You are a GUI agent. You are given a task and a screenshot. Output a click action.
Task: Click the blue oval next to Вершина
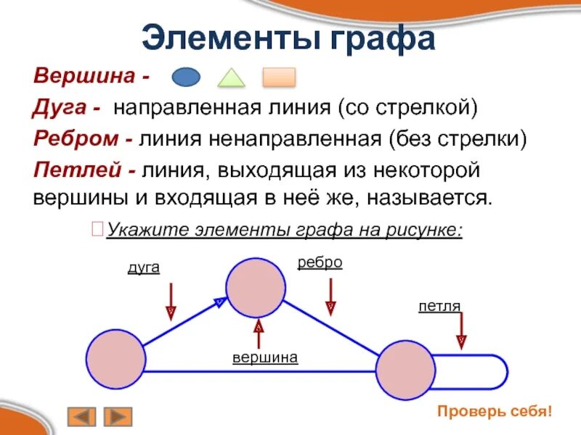click(x=185, y=76)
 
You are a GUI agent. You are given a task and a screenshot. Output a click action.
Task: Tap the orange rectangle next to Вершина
click(x=278, y=76)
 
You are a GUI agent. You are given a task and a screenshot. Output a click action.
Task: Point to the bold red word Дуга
click(x=60, y=108)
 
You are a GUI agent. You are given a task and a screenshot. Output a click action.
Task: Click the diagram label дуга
click(x=143, y=268)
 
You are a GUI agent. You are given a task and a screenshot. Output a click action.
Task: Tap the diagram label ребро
click(x=320, y=262)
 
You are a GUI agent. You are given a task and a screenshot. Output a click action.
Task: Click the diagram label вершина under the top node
click(x=266, y=357)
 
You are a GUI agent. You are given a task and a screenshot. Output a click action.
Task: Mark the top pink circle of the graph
click(x=256, y=288)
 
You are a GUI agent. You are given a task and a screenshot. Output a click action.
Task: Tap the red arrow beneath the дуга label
click(x=171, y=300)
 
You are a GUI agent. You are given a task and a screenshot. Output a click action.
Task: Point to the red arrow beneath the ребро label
click(x=330, y=297)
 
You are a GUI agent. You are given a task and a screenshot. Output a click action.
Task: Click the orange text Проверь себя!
click(x=495, y=411)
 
